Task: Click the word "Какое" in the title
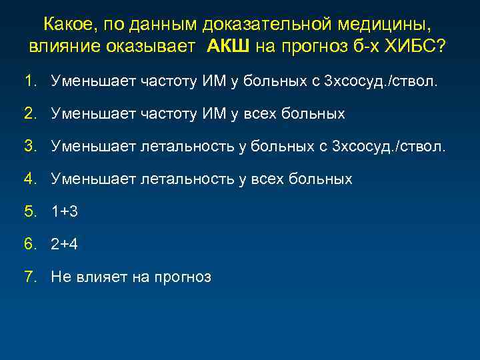(69, 25)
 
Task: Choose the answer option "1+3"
(65, 211)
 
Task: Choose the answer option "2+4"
(65, 244)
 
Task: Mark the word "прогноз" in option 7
(182, 277)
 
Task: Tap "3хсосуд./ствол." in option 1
(381, 81)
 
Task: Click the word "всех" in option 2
(263, 114)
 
